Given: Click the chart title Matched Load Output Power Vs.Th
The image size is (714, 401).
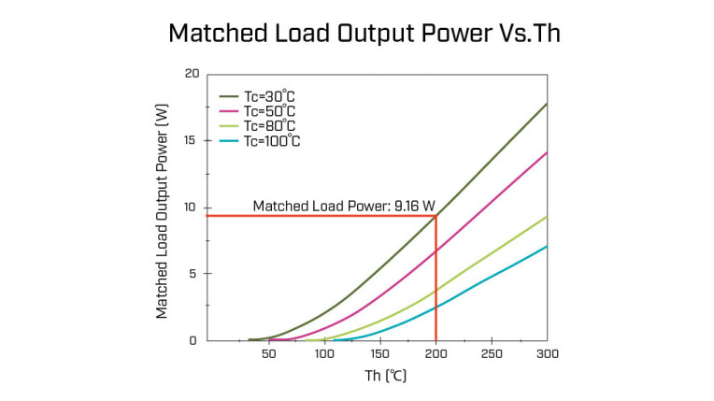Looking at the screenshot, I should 357,34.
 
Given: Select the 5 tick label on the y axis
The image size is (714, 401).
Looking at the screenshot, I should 193,274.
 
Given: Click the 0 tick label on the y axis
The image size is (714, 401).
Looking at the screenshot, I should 193,340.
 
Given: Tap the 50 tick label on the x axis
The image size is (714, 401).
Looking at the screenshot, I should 269,355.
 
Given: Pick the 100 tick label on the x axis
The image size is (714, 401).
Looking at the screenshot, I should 324,355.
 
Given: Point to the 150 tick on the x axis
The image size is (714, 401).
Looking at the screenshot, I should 380,355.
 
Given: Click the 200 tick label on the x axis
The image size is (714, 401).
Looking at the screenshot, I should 436,355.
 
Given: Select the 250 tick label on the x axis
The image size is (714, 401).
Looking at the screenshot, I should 492,355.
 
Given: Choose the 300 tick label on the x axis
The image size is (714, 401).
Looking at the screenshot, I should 547,355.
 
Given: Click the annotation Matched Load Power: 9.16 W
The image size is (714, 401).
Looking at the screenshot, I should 344,207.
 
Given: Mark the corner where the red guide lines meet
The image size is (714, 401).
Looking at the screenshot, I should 436,217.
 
